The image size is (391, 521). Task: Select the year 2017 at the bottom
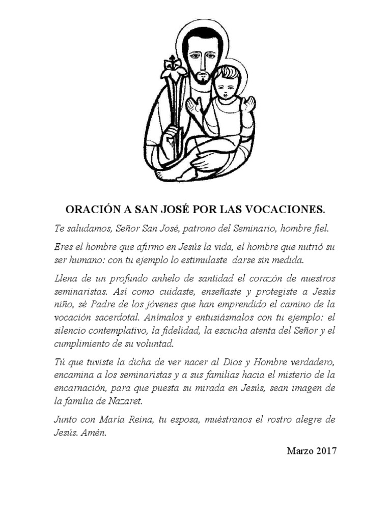point(326,451)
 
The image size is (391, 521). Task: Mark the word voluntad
point(152,343)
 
